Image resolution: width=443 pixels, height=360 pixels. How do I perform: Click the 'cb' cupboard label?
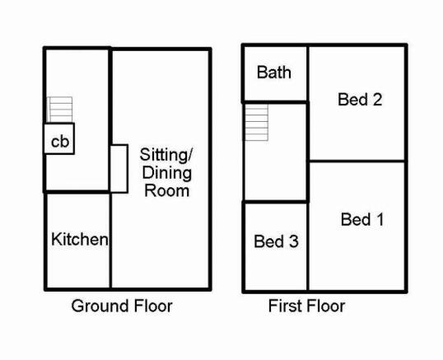coord(60,142)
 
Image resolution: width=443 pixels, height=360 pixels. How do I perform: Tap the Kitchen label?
coord(80,240)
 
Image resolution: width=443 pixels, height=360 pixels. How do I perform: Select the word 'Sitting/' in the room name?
coord(166,155)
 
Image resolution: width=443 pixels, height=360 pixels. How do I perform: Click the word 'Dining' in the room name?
coord(167,173)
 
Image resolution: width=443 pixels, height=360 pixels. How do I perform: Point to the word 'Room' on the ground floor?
coord(166,190)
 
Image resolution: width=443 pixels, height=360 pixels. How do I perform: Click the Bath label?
coord(273,72)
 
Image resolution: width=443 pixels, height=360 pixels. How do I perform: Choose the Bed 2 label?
coord(360,100)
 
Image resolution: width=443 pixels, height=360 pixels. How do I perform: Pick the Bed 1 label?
coord(362,220)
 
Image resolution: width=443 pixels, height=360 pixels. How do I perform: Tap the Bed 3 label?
coord(276,241)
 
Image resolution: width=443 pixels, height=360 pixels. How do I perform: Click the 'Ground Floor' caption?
coord(122,306)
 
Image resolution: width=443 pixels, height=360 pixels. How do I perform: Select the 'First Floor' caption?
coord(306,306)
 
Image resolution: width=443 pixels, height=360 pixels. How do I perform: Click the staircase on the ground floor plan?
coord(59,110)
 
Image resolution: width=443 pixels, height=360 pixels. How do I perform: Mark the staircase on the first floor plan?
coord(256,122)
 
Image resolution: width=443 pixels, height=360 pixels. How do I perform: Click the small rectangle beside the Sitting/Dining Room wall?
coord(119,169)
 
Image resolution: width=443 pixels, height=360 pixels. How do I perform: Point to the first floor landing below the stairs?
coord(276,171)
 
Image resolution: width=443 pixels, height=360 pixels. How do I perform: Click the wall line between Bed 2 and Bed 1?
coord(357,161)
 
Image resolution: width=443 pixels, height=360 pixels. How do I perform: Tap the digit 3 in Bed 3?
coord(293,241)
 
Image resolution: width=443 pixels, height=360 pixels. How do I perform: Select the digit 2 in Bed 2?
coord(377,100)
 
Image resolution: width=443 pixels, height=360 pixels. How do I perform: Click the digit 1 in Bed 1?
coord(380,220)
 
